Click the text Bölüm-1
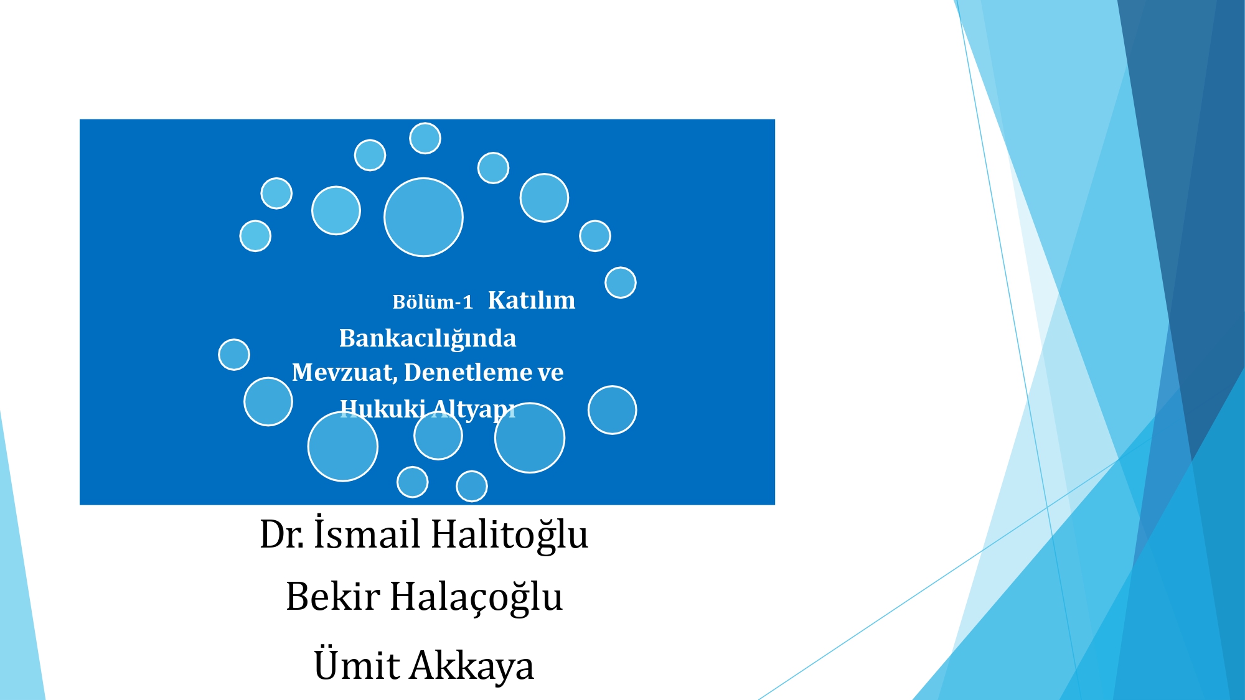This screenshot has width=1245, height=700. pos(433,302)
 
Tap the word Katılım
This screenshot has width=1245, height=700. pos(532,300)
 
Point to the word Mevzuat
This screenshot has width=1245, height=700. pos(344,372)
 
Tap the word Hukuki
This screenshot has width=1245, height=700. pos(383,409)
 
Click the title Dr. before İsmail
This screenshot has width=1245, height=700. pos(282,534)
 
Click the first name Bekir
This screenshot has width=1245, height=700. pos(333,597)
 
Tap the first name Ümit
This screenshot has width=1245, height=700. pos(357,664)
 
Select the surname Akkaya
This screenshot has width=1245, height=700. pos(472,666)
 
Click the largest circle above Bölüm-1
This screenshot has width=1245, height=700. pos(423,217)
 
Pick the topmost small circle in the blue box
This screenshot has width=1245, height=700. pos(425,138)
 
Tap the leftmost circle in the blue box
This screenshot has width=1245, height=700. pos(234,355)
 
